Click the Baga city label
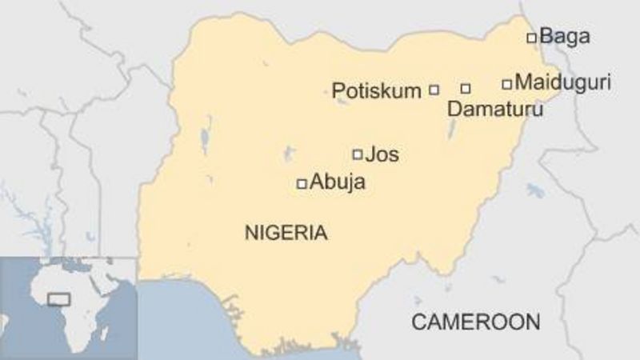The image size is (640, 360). pos(565,36)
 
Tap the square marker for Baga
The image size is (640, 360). pos(531,38)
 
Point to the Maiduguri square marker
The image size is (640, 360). pos(506,83)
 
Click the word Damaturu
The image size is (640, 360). pos(494,110)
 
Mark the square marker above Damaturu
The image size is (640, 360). pos(466,88)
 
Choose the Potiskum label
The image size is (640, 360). pos(376,90)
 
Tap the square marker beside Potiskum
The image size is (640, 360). pos(434,90)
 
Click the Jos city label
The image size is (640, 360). pos(382,154)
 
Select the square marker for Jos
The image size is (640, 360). pos(358,154)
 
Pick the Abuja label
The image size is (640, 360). pos(337,182)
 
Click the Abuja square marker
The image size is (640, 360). pos(302,184)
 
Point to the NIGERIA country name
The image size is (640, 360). pos(286,234)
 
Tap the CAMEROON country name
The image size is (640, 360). pos(475,322)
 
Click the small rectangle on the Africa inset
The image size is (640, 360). pos(58,299)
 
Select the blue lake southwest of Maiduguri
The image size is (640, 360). pos(535,191)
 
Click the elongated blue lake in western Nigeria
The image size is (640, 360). pos(206,137)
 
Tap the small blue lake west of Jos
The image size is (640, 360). pos(289,153)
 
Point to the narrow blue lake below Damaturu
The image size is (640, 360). pos(453,128)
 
